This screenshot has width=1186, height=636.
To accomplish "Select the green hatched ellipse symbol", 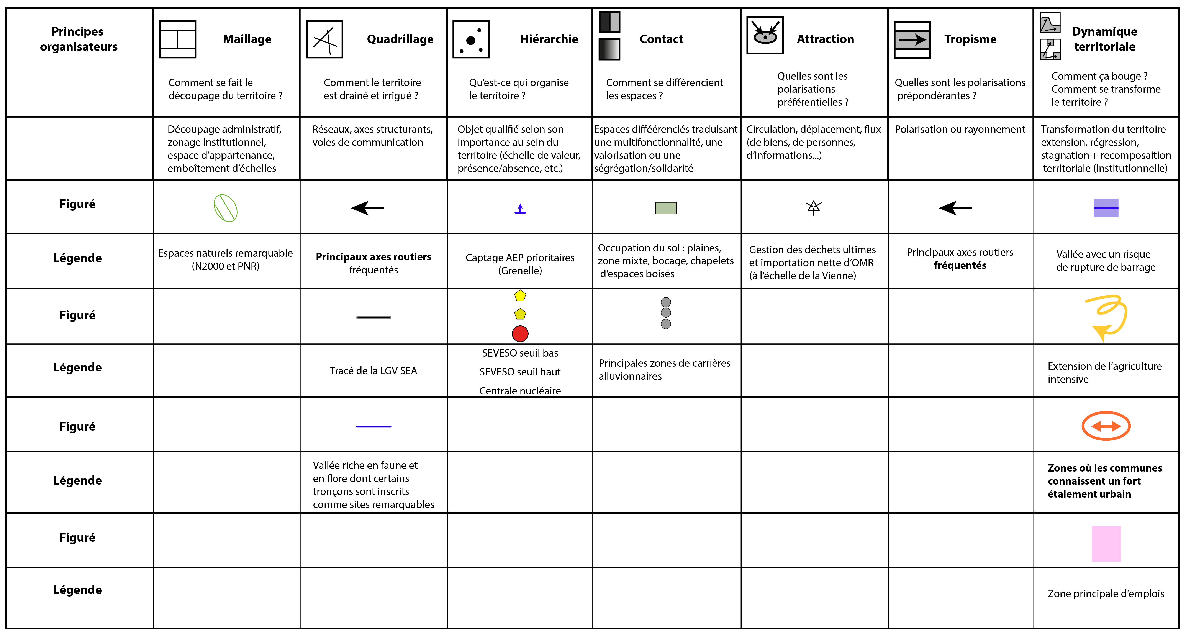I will [x=226, y=208].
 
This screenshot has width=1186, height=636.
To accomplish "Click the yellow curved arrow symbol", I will [x=1107, y=317].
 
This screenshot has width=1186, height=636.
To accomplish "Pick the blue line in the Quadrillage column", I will [x=373, y=426].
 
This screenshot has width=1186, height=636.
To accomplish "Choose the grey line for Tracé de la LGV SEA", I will [x=373, y=317].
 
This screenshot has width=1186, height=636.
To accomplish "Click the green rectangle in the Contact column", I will [x=666, y=208].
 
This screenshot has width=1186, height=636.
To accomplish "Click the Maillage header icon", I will [x=178, y=39].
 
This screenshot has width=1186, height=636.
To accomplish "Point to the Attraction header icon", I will [x=765, y=35].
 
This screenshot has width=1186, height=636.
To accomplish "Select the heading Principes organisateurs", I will [x=78, y=39].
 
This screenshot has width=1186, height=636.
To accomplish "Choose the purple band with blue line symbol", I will [x=1106, y=208].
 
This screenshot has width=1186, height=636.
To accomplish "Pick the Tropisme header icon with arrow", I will [x=912, y=40].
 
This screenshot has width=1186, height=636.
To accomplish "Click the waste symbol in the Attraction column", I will [x=814, y=208].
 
